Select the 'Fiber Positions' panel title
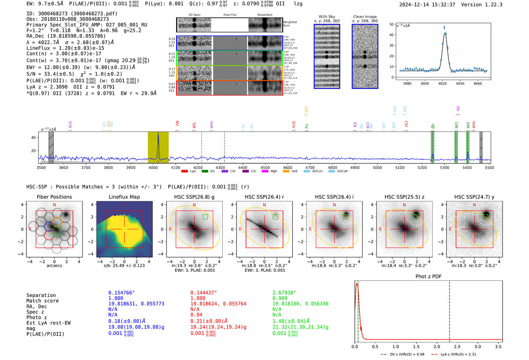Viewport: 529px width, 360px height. click(54, 197)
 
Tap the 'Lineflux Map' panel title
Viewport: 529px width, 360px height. click(124, 197)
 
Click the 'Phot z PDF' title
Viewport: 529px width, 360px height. click(428, 277)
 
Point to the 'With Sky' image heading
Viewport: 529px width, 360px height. click(326, 17)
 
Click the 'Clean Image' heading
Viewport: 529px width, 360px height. click(365, 17)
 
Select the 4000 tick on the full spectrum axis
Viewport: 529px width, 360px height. click(153, 168)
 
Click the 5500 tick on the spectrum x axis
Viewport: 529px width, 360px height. click(489, 168)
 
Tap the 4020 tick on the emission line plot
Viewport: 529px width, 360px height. click(442, 83)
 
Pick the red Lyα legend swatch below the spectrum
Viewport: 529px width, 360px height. click(184, 172)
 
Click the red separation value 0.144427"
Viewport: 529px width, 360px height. click(204, 293)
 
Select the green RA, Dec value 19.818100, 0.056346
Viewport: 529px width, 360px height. click(300, 304)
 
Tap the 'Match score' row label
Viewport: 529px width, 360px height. click(42, 301)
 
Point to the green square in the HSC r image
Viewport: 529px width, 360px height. click(275, 217)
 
